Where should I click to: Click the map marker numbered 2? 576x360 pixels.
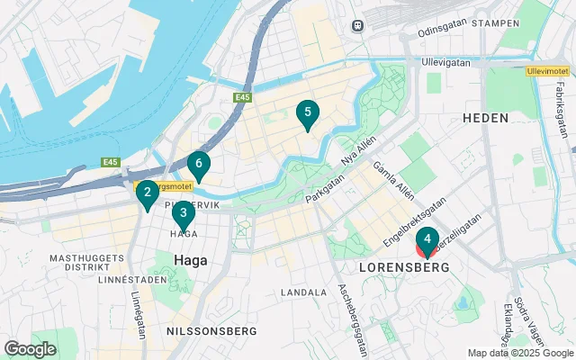click(148, 193)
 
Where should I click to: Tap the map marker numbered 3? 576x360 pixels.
click(184, 214)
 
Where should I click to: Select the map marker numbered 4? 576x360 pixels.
click(427, 240)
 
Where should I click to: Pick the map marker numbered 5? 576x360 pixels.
click(308, 113)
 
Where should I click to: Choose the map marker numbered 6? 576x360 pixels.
click(199, 165)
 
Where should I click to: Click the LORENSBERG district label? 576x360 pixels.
click(404, 268)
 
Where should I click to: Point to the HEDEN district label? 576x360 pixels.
click(486, 118)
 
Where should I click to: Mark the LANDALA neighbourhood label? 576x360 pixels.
click(303, 292)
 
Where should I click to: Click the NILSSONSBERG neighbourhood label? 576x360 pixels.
click(202, 332)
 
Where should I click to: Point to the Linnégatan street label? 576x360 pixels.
click(138, 312)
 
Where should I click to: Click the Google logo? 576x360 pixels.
click(30, 348)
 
